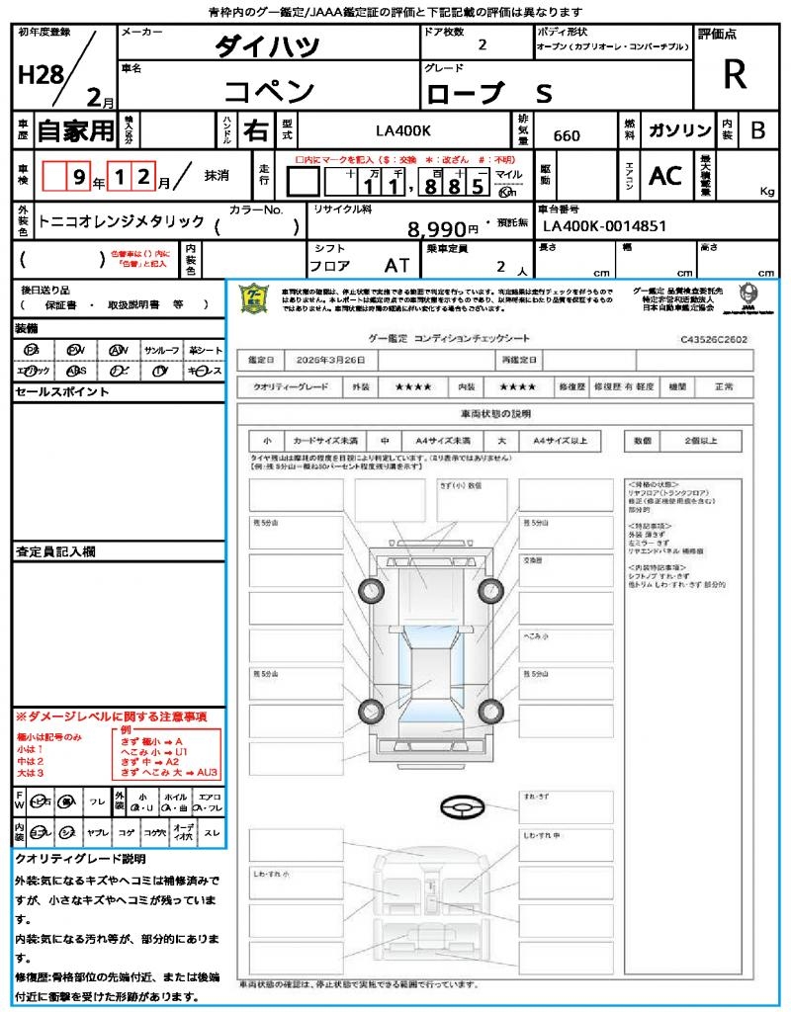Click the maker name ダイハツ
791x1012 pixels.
268,46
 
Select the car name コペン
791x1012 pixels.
268,91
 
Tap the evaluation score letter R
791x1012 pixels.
735,74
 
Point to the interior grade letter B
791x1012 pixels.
757,130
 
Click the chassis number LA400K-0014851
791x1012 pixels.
604,226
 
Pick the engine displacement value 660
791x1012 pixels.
567,135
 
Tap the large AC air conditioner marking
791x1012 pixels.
665,176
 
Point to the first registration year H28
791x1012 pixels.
40,76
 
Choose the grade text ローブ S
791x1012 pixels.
489,93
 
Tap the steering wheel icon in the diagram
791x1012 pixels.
463,807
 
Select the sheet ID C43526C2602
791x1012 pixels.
714,338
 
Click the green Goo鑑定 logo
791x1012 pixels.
255,297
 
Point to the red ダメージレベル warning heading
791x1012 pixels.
111,716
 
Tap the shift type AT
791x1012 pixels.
397,266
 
